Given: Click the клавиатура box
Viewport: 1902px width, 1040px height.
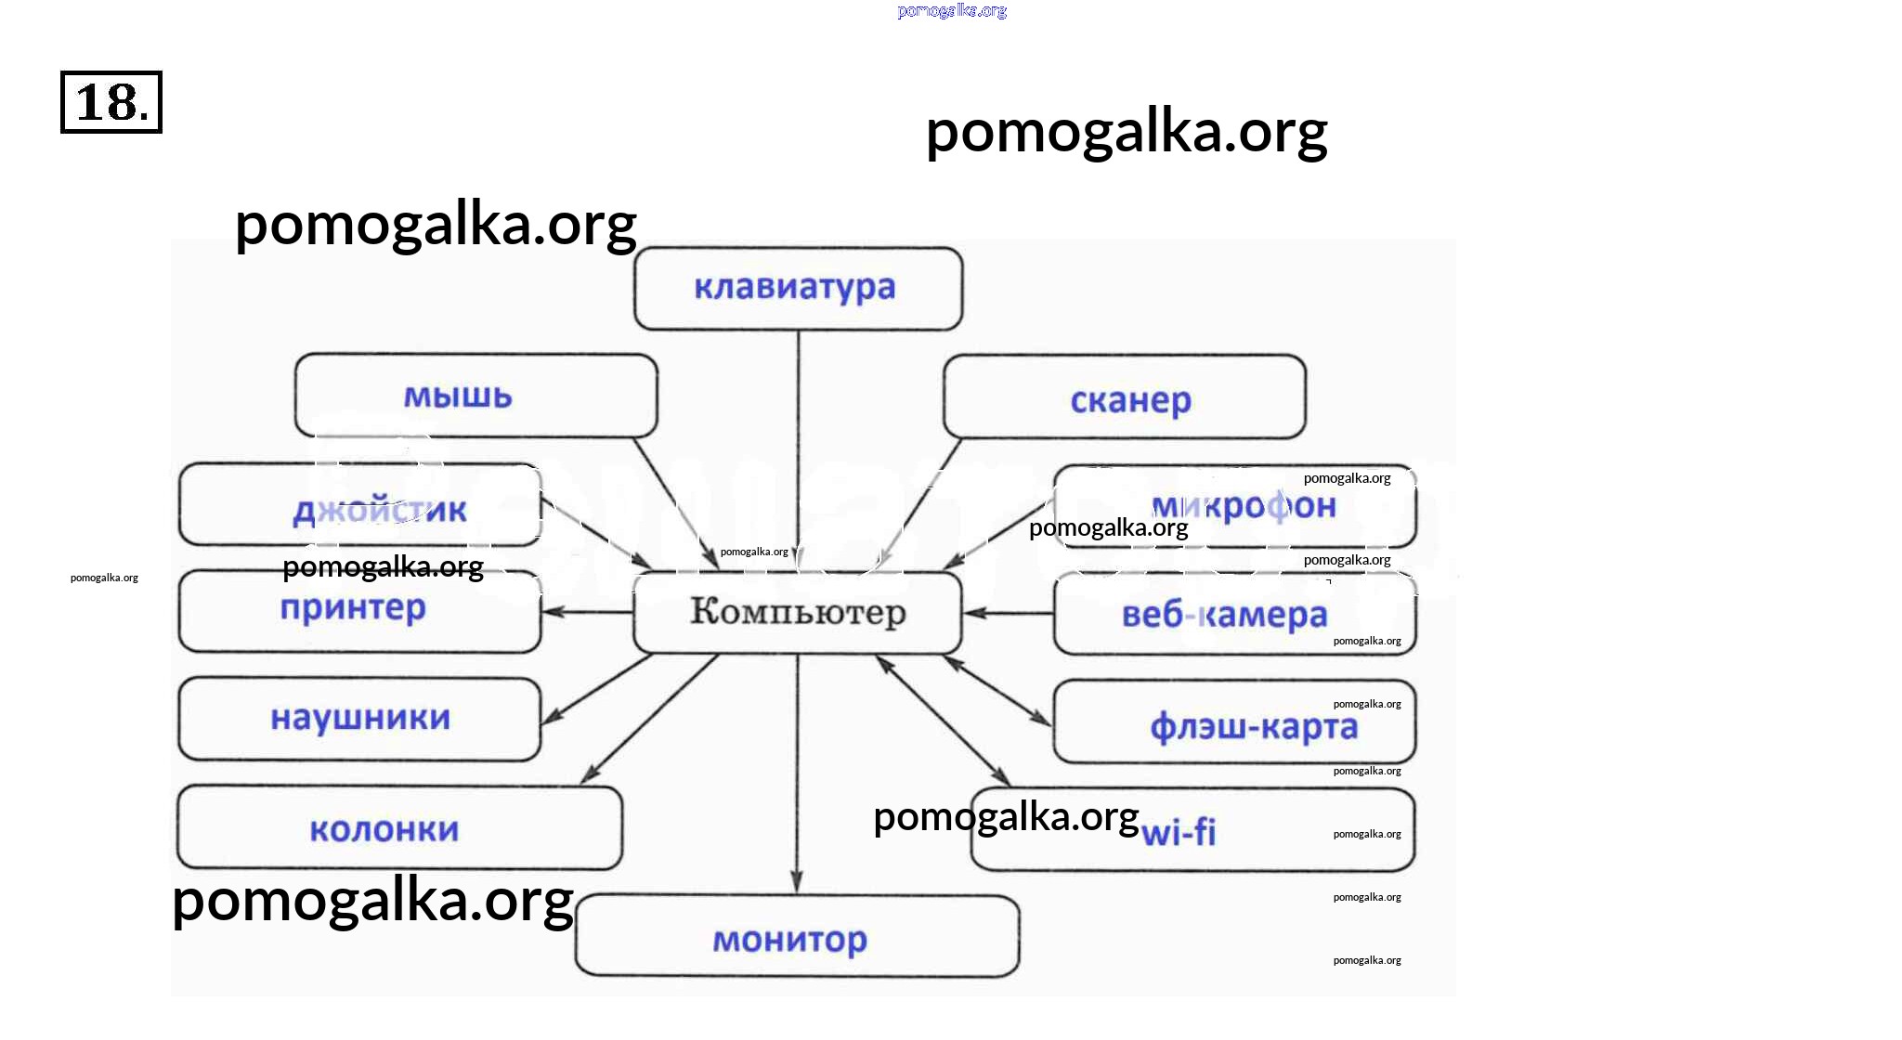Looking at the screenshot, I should [x=798, y=288].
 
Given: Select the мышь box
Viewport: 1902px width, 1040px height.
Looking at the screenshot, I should [x=475, y=396].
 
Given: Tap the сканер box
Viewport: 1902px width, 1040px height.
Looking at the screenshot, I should [x=1124, y=397].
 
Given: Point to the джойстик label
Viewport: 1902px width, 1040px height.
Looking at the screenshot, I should [x=380, y=511].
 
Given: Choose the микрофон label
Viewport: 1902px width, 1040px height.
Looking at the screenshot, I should [x=1244, y=506].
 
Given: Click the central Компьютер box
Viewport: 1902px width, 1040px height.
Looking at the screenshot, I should [x=797, y=612].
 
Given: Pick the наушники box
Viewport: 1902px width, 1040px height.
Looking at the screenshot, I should [x=359, y=718].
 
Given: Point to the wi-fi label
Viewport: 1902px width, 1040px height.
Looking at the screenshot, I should [x=1179, y=832].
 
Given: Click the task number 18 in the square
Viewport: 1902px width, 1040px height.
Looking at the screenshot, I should [x=111, y=102].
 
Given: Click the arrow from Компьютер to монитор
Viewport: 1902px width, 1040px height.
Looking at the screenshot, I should [x=797, y=771].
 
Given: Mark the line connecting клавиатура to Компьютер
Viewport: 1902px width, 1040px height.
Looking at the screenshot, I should [x=798, y=446].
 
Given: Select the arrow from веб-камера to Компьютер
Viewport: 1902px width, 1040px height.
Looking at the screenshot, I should [x=1008, y=613].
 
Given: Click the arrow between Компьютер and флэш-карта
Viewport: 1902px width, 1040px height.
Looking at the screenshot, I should [x=998, y=690].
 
